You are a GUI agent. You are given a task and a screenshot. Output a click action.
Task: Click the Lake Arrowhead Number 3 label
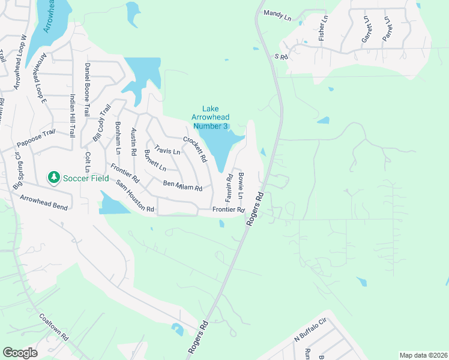209,118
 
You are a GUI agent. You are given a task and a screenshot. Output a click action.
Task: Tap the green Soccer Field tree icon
53,178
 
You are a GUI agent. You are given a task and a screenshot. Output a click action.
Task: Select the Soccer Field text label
83,178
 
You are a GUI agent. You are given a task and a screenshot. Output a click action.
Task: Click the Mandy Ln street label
277,15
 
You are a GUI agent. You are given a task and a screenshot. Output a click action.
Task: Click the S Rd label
282,56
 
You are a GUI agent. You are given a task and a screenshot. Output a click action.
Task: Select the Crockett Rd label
195,150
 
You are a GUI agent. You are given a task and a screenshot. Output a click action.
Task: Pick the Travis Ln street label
167,150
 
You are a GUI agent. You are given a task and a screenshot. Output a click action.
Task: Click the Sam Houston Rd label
136,197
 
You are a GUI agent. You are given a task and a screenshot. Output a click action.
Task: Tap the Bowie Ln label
241,186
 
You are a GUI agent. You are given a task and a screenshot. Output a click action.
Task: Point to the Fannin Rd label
229,187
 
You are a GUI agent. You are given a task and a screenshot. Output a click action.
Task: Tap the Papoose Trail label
36,139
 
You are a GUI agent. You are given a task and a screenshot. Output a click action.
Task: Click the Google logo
19,352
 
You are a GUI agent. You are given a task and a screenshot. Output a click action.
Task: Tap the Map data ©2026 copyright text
423,355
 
